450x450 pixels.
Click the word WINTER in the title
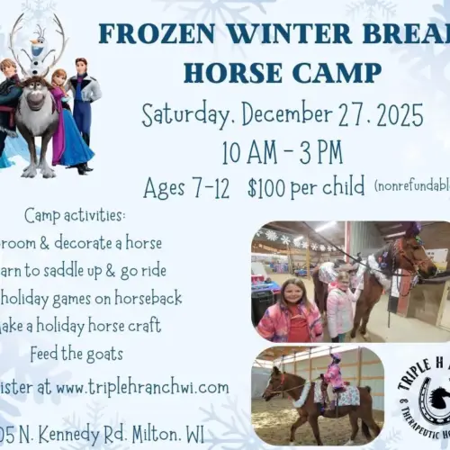coord(276,33)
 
